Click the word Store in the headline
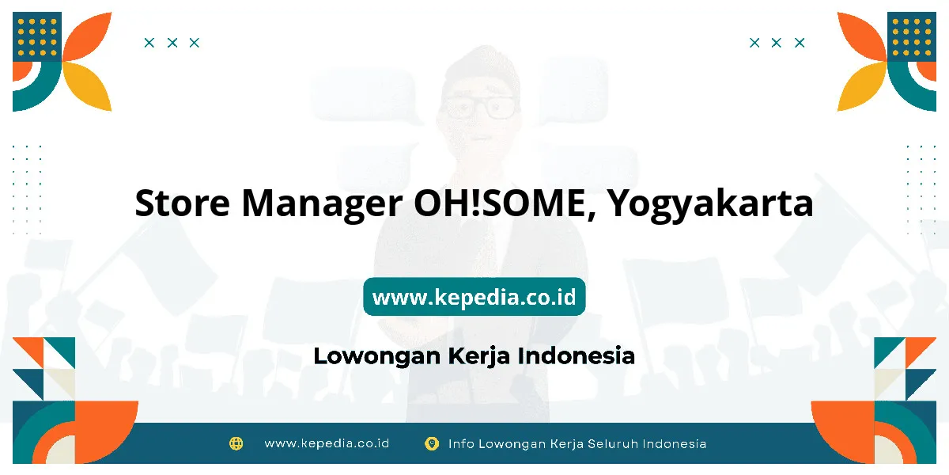[x=183, y=203]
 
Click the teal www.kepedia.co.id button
[x=474, y=296]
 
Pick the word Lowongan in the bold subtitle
[x=377, y=356]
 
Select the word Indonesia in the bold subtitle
[x=577, y=355]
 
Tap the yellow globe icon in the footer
[x=236, y=443]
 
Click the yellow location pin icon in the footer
[x=432, y=443]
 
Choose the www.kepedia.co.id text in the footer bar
[x=327, y=443]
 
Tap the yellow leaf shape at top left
[x=87, y=86]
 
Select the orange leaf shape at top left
[x=87, y=36]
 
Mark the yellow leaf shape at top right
[x=862, y=86]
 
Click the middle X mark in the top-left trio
[x=172, y=43]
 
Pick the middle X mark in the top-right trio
[x=776, y=43]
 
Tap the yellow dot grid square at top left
[x=37, y=36]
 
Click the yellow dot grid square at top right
[x=912, y=36]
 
